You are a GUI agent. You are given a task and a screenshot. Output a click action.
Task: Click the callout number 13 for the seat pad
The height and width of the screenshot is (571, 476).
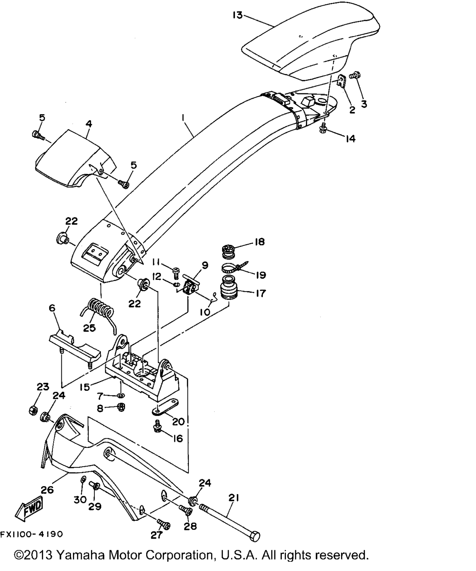pyautogui.click(x=238, y=15)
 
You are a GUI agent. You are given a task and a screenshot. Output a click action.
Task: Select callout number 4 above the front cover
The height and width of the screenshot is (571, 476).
pyautogui.click(x=89, y=124)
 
